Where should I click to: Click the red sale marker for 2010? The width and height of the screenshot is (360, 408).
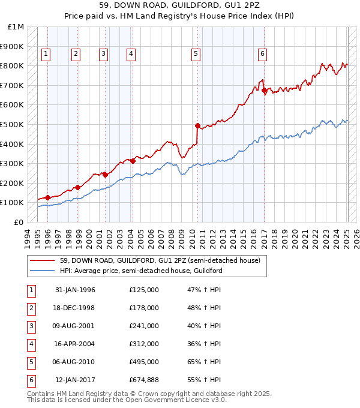click(x=197, y=125)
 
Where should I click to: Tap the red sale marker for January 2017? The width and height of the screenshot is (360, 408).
click(x=264, y=91)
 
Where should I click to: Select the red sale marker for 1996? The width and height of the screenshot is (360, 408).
click(x=47, y=197)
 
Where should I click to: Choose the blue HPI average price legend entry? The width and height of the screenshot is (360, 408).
click(x=141, y=271)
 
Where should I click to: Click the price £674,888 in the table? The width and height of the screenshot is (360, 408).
click(x=144, y=380)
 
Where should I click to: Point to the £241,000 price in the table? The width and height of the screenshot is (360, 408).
click(x=144, y=326)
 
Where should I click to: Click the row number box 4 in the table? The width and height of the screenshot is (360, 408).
click(x=31, y=344)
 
